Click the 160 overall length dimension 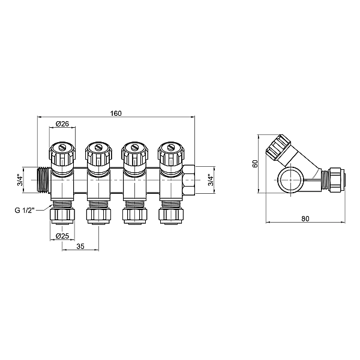pyautogui.click(x=116, y=113)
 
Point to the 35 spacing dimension pyautogui.click(x=80, y=247)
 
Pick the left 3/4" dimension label pyautogui.click(x=19, y=180)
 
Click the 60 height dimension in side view pyautogui.click(x=254, y=163)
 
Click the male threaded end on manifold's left pyautogui.click(x=43, y=179)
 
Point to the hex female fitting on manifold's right pyautogui.click(x=188, y=179)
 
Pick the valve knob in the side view pyautogui.click(x=279, y=147)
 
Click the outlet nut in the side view pyautogui.click(x=334, y=179)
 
